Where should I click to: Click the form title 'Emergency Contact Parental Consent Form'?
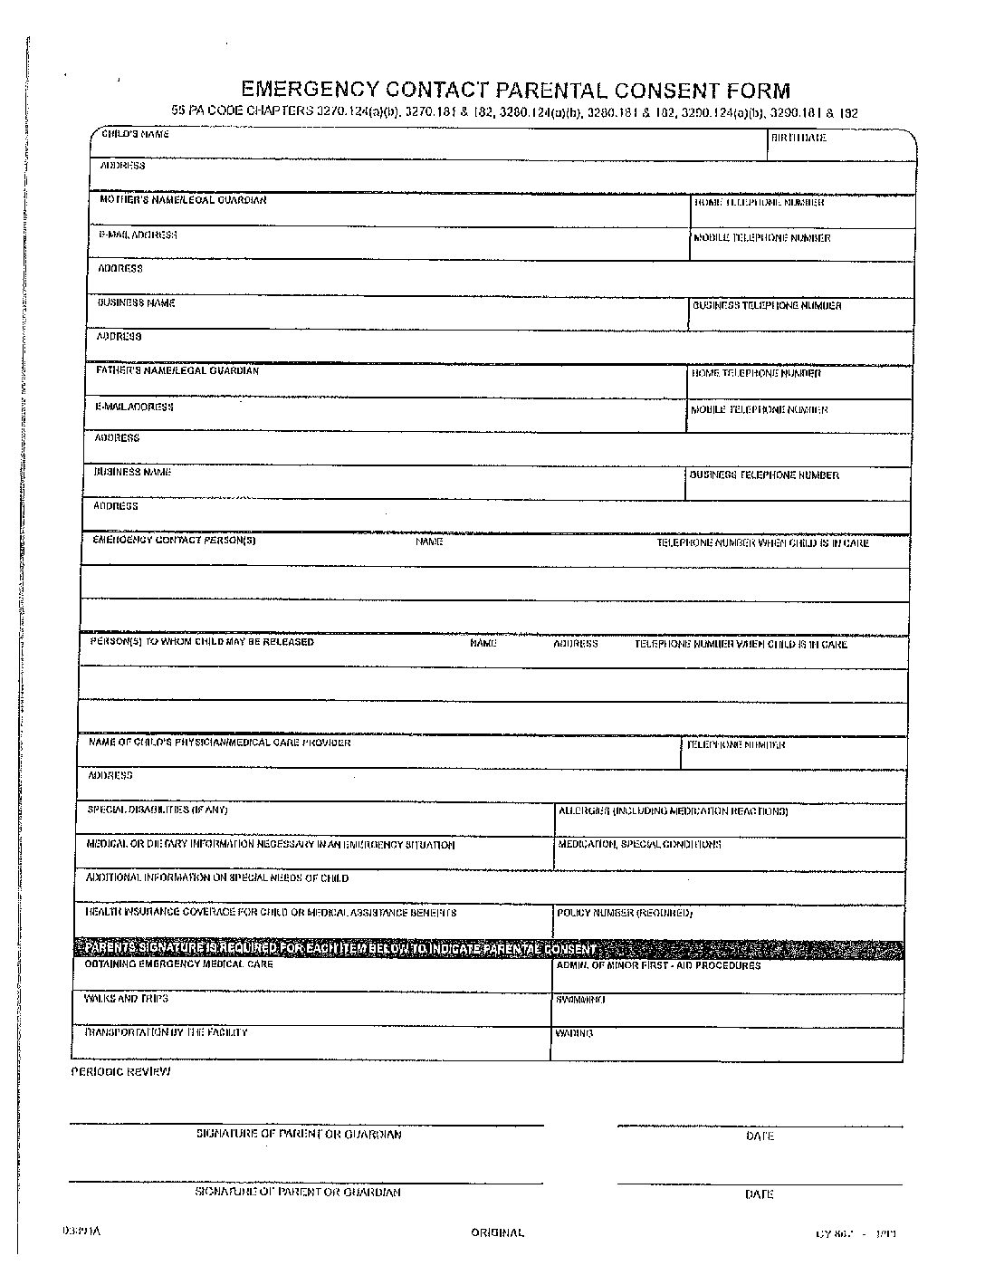[x=515, y=90]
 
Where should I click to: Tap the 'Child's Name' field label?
[x=135, y=134]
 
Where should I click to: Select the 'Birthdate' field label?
[x=799, y=139]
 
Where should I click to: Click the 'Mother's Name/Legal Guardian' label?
[x=183, y=200]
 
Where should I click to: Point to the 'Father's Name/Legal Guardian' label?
[x=177, y=370]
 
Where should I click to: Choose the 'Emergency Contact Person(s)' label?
[x=175, y=541]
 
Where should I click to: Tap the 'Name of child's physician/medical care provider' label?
[x=219, y=743]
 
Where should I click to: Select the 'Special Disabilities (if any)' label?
[x=157, y=810]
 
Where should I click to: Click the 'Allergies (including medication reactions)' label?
[x=673, y=811]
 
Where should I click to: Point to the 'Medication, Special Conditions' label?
[x=639, y=844]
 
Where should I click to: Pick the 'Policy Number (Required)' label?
[x=625, y=913]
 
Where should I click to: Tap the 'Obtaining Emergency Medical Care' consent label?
[x=178, y=964]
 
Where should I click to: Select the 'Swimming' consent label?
[x=581, y=1000]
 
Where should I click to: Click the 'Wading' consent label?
[x=575, y=1033]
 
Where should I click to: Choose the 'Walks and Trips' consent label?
[x=126, y=999]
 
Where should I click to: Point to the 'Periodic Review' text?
[x=120, y=1071]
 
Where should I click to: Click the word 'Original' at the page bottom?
[x=497, y=1232]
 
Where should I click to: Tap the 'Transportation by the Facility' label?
[x=166, y=1032]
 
